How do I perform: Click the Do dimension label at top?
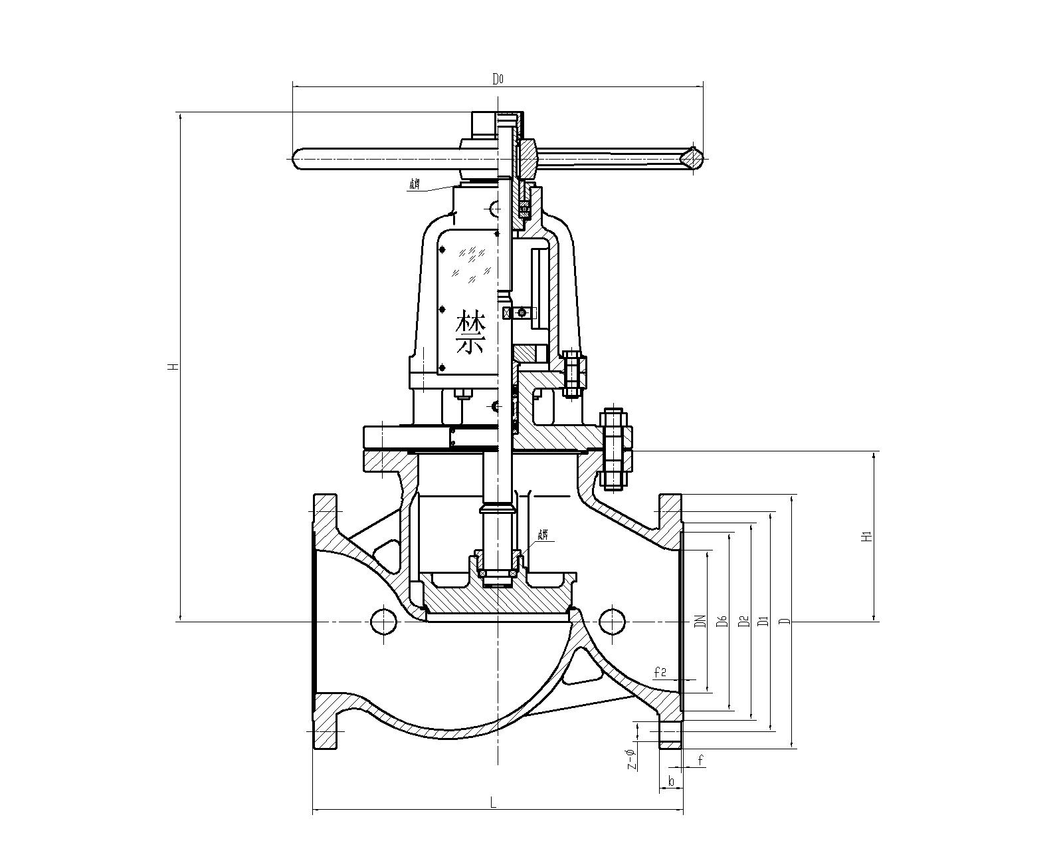pos(498,79)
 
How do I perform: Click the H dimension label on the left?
pos(172,366)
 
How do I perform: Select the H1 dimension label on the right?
pos(866,537)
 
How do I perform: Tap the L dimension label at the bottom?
pos(493,802)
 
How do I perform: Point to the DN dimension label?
pos(699,621)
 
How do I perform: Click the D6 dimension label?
pos(722,621)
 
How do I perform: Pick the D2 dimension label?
pos(745,621)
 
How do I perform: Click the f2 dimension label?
pos(660,673)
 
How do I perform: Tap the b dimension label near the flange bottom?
pos(671,781)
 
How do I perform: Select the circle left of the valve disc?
pos(383,621)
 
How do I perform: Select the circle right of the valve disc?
pos(612,621)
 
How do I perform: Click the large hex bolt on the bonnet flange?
pos(615,449)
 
